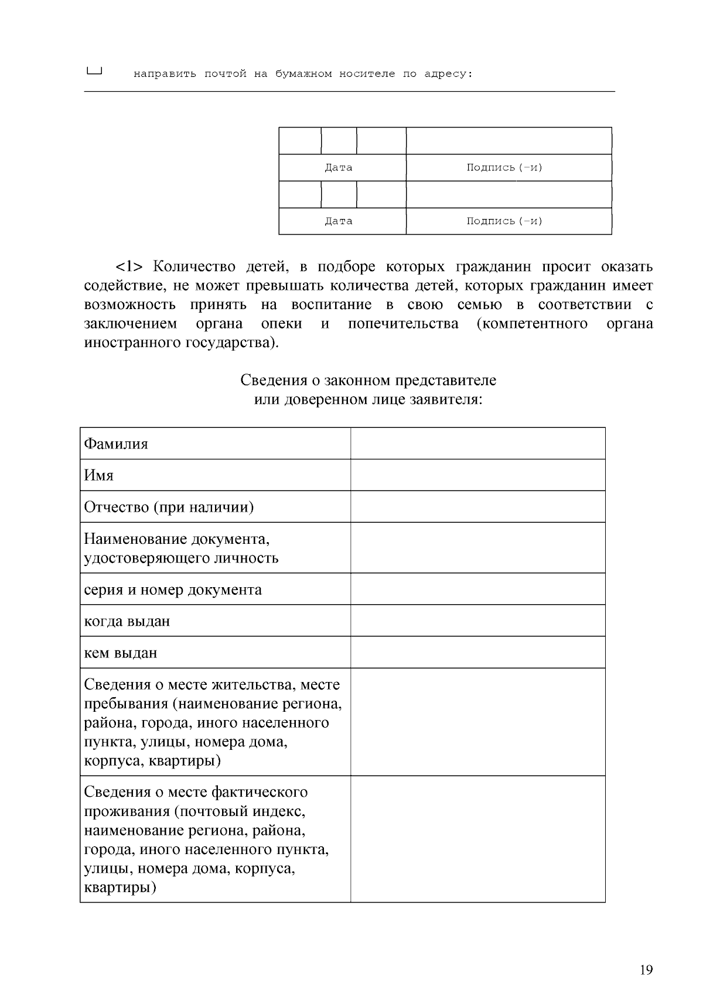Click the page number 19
coord(646,970)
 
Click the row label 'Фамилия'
coord(116,444)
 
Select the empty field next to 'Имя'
coord(477,475)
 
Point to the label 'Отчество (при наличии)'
coord(169,507)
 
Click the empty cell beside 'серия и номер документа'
coord(477,589)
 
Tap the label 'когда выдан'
coord(127,621)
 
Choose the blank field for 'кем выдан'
coord(477,652)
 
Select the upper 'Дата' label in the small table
coord(339,168)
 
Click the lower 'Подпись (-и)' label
coord(504,221)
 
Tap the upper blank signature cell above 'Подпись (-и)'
coord(509,141)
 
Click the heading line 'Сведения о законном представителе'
coord(368,381)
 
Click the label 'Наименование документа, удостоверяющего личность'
coord(180,548)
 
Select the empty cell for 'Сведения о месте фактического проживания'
coord(477,839)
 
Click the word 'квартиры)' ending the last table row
coord(120,887)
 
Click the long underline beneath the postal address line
coord(349,92)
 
